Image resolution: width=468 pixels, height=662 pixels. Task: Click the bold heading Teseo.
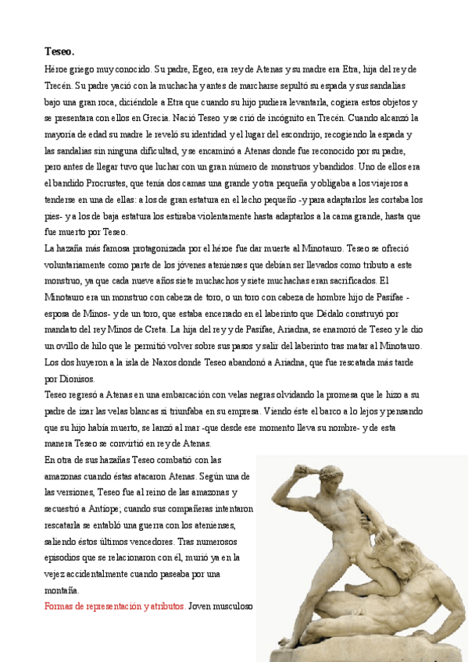(59, 52)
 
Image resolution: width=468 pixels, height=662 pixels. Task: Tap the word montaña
(63, 589)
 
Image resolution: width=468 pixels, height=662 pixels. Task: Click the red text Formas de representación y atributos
(115, 606)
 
